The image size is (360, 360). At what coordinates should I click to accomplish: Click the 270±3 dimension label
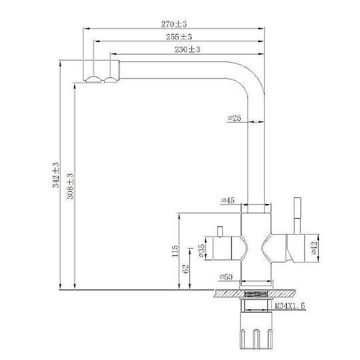[x=174, y=24]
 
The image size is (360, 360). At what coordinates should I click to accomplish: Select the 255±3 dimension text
[x=179, y=37]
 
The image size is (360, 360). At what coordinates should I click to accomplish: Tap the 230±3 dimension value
[x=187, y=49]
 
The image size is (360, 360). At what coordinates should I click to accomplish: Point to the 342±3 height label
[x=56, y=175]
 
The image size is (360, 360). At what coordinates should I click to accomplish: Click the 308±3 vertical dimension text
[x=70, y=186]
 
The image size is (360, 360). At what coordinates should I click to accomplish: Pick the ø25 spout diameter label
[x=235, y=118]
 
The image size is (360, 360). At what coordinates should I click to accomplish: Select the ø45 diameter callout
[x=228, y=201]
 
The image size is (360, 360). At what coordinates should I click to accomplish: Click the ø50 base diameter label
[x=226, y=277]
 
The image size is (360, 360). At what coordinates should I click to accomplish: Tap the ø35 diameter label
[x=201, y=250]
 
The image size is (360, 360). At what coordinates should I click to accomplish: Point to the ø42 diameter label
[x=314, y=248]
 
